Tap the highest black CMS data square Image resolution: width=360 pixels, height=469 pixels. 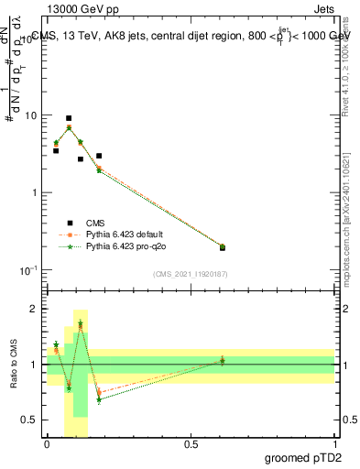tap(69, 118)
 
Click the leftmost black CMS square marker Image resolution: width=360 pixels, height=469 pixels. tap(56, 150)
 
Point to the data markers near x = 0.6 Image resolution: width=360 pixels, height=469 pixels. tap(222, 247)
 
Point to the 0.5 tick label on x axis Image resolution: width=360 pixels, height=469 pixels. tap(191, 444)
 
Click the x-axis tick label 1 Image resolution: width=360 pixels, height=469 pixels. tap(335, 444)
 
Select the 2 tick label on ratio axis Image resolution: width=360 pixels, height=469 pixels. tap(36, 309)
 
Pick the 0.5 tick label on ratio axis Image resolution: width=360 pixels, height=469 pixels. tap(31, 420)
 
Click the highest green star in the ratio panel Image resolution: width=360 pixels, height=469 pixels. tap(81, 324)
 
